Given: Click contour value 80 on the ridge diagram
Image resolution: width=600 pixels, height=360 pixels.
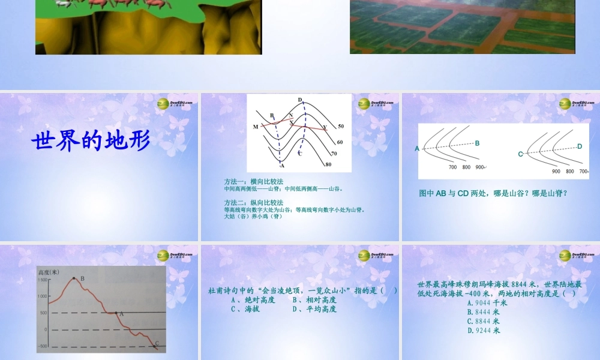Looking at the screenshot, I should click(328, 164).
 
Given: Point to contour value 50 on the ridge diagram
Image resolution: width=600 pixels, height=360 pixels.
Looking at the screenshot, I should click(341, 127).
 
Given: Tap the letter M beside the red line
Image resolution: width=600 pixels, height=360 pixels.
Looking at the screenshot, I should click(256, 127).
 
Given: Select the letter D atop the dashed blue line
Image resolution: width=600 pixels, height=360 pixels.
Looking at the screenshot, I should click(300, 100).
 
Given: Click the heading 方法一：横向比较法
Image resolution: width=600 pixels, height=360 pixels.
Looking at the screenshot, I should click(253, 181).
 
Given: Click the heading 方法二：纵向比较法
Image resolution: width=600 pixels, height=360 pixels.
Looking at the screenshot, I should click(253, 203).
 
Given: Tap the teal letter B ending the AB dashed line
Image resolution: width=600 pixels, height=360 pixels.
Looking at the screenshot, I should click(478, 143).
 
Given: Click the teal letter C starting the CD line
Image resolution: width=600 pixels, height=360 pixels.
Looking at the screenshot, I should click(520, 154).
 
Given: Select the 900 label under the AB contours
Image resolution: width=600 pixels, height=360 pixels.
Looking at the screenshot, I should click(481, 167).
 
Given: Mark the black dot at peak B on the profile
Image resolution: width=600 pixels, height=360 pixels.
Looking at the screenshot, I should click(74, 278).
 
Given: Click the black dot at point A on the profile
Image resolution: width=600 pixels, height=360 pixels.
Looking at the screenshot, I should click(116, 313).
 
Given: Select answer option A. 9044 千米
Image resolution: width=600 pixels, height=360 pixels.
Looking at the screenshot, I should click(487, 303).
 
